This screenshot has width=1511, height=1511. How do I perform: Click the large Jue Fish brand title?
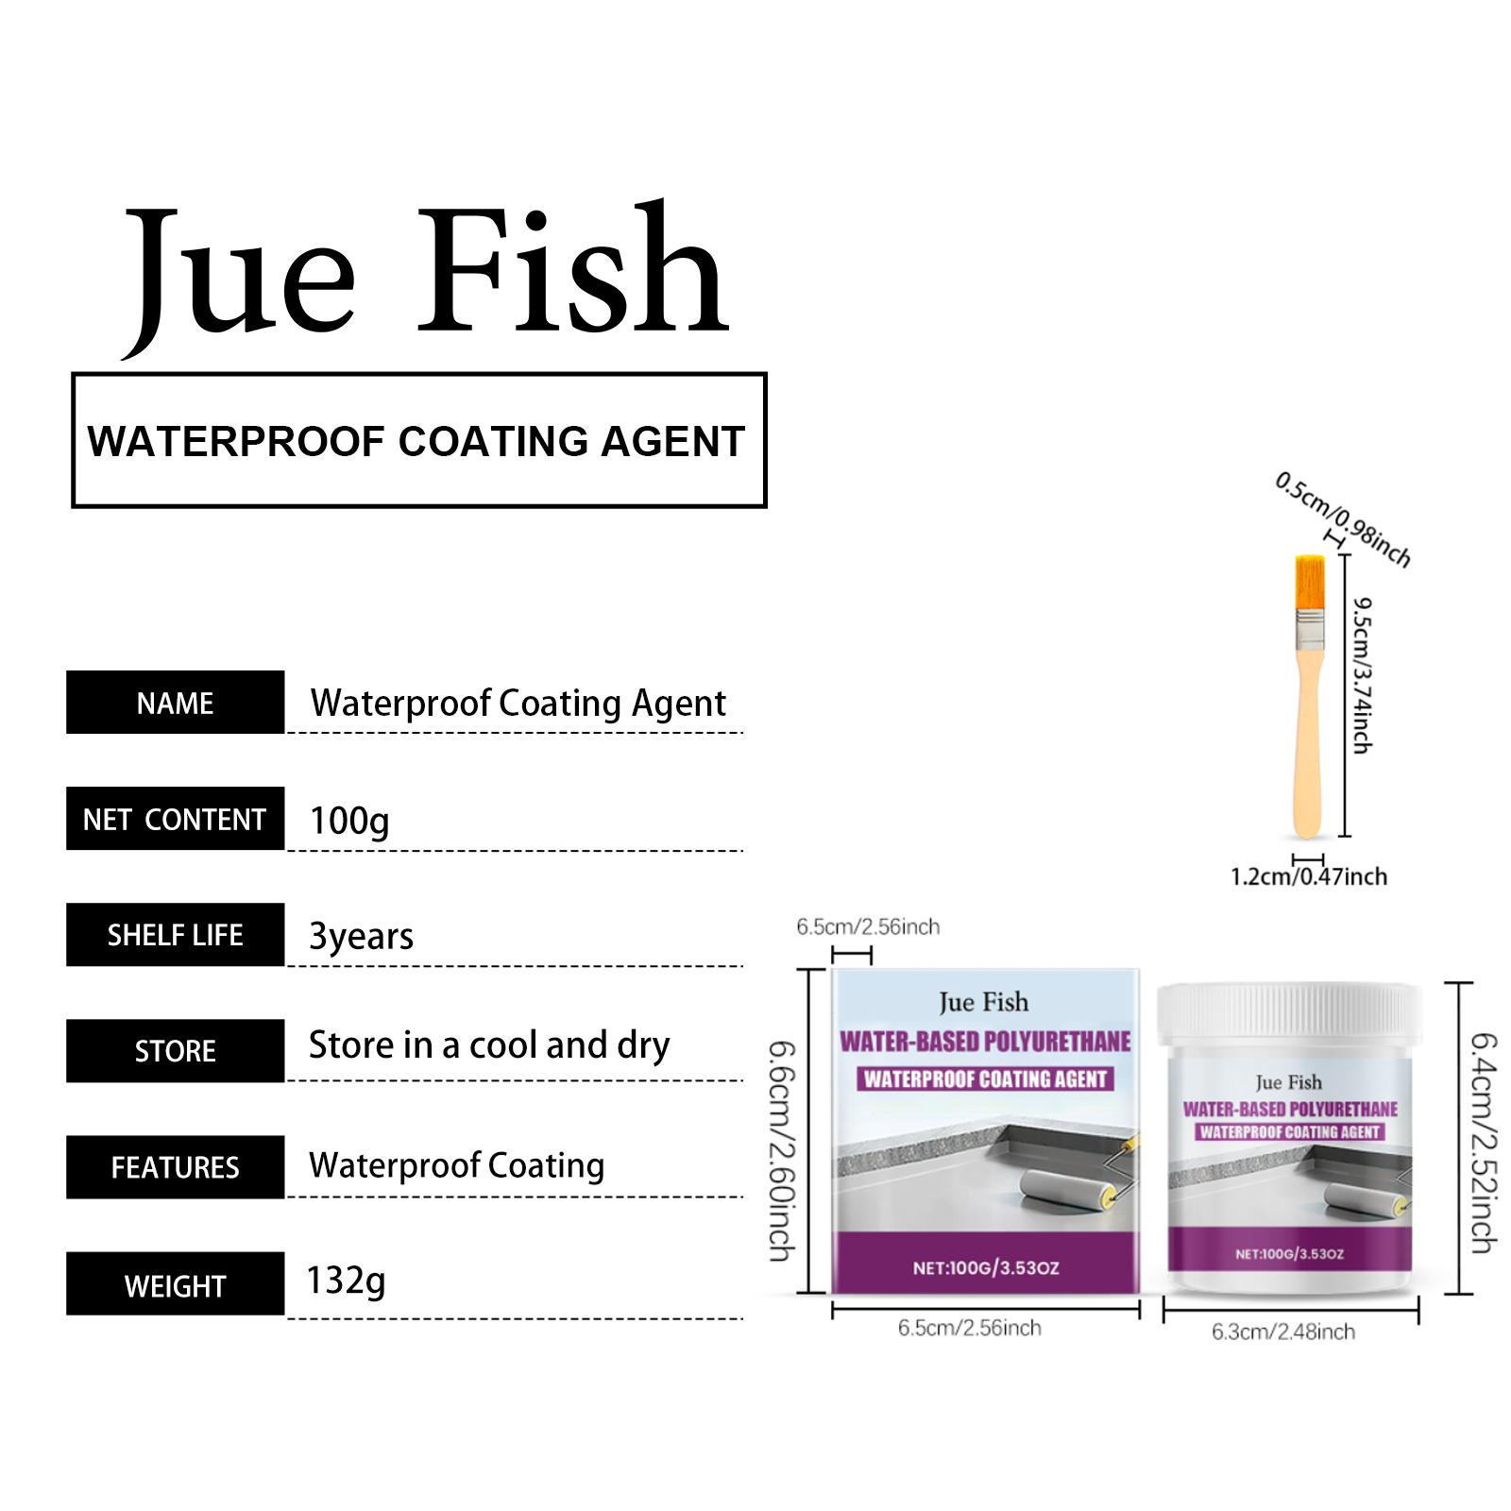[426, 278]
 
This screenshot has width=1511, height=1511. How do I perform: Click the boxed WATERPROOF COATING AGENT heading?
[416, 441]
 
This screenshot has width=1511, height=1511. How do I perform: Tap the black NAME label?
[175, 703]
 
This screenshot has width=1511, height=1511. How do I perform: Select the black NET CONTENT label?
[175, 819]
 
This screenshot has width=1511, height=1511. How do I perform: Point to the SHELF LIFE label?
[175, 935]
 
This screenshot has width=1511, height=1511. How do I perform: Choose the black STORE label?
[175, 1051]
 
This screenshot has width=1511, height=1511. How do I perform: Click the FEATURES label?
[175, 1167]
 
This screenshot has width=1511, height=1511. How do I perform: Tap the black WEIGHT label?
[175, 1284]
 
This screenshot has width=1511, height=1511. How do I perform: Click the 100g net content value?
[349, 822]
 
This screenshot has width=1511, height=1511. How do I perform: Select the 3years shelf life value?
[362, 937]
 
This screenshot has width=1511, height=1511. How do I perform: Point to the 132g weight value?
[346, 1282]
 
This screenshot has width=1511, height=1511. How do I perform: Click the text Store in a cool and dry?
[489, 1045]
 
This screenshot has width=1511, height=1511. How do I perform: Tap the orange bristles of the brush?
[1307, 582]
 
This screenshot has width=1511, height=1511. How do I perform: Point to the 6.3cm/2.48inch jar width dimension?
[1283, 1332]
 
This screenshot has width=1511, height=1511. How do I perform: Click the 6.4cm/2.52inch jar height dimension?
[1484, 1143]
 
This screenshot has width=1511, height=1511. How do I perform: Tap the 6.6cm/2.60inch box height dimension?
[782, 1151]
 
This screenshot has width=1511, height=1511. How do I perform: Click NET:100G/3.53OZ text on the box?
[986, 1268]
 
